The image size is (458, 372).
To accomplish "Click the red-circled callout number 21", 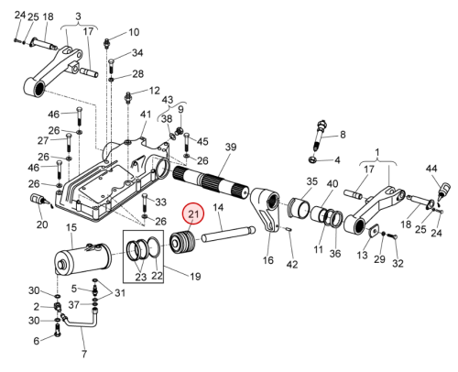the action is pos(192,213).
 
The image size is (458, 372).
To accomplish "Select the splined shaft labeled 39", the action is pos(211,183).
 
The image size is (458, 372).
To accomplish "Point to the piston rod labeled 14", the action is pos(228,234).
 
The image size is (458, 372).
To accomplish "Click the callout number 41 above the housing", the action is pos(146,115).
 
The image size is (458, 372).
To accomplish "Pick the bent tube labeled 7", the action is pos(80,318).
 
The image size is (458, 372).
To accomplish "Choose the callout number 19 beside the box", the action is pos(195,277).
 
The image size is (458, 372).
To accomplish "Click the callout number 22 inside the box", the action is pos(157,276).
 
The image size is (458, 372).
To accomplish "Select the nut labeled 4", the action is pos(313,159).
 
